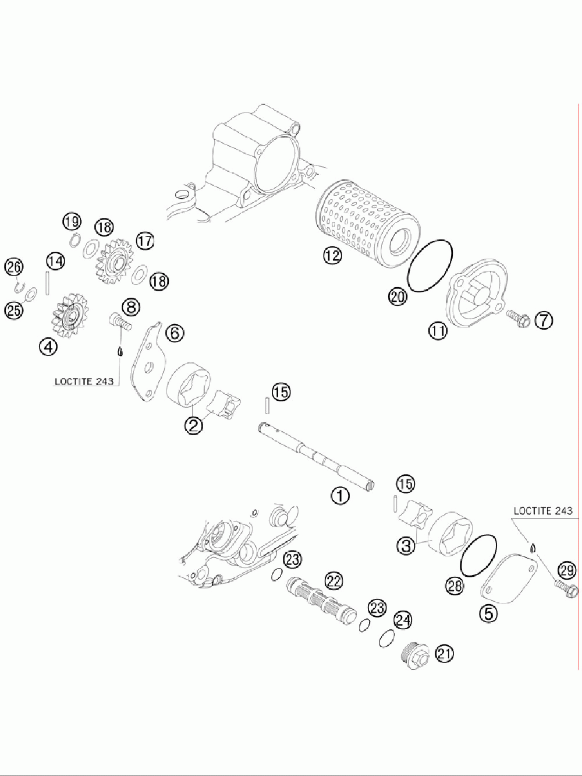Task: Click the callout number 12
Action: (333, 255)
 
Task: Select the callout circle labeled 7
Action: (544, 320)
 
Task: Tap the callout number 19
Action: (72, 221)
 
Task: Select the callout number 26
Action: (14, 267)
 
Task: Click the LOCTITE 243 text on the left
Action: (84, 382)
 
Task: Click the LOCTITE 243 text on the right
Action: (542, 510)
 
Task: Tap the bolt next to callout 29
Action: (565, 587)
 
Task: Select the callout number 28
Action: (454, 585)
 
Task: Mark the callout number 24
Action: (403, 620)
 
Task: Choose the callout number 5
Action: (488, 613)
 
